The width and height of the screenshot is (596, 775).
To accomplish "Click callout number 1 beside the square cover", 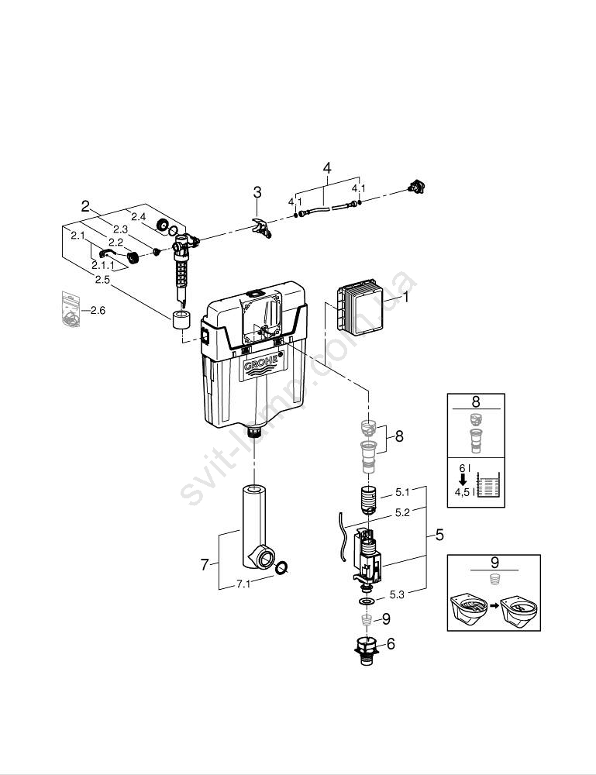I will pyautogui.click(x=405, y=297).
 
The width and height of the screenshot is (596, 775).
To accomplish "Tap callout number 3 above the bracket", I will pyautogui.click(x=257, y=192).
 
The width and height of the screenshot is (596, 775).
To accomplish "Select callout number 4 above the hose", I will pyautogui.click(x=326, y=168).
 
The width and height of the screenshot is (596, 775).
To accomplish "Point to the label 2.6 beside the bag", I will pyautogui.click(x=96, y=311).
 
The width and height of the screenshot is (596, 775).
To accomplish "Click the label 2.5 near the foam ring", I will pyautogui.click(x=102, y=279).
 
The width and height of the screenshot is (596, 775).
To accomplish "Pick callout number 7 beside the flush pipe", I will pyautogui.click(x=205, y=565).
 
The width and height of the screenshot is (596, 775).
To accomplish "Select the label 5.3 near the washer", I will pyautogui.click(x=397, y=594).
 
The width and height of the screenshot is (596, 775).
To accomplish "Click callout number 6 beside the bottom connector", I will pyautogui.click(x=390, y=642).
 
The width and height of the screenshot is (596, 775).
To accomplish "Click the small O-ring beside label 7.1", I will pyautogui.click(x=283, y=568).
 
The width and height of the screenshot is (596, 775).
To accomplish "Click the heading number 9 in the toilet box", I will pyautogui.click(x=493, y=563).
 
